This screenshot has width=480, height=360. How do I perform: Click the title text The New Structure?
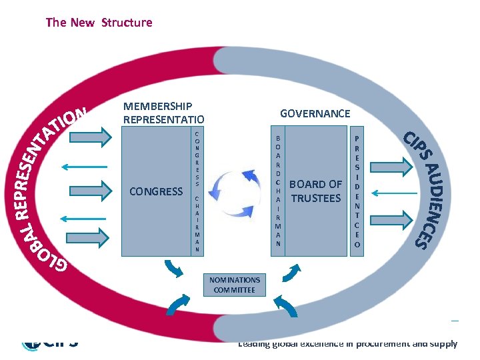pos(99,23)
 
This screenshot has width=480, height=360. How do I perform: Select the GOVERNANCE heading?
pos(315,113)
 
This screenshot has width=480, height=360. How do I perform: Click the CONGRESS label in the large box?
pos(156,192)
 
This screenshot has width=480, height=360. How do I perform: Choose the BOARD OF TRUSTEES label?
pos(316,191)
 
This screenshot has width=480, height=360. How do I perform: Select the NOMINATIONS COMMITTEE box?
pos(235,285)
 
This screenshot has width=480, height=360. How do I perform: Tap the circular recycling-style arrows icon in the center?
pos(238,193)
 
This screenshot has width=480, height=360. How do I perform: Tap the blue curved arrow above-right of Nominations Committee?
pos(293,270)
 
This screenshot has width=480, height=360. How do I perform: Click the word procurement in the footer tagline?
pos(394,344)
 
